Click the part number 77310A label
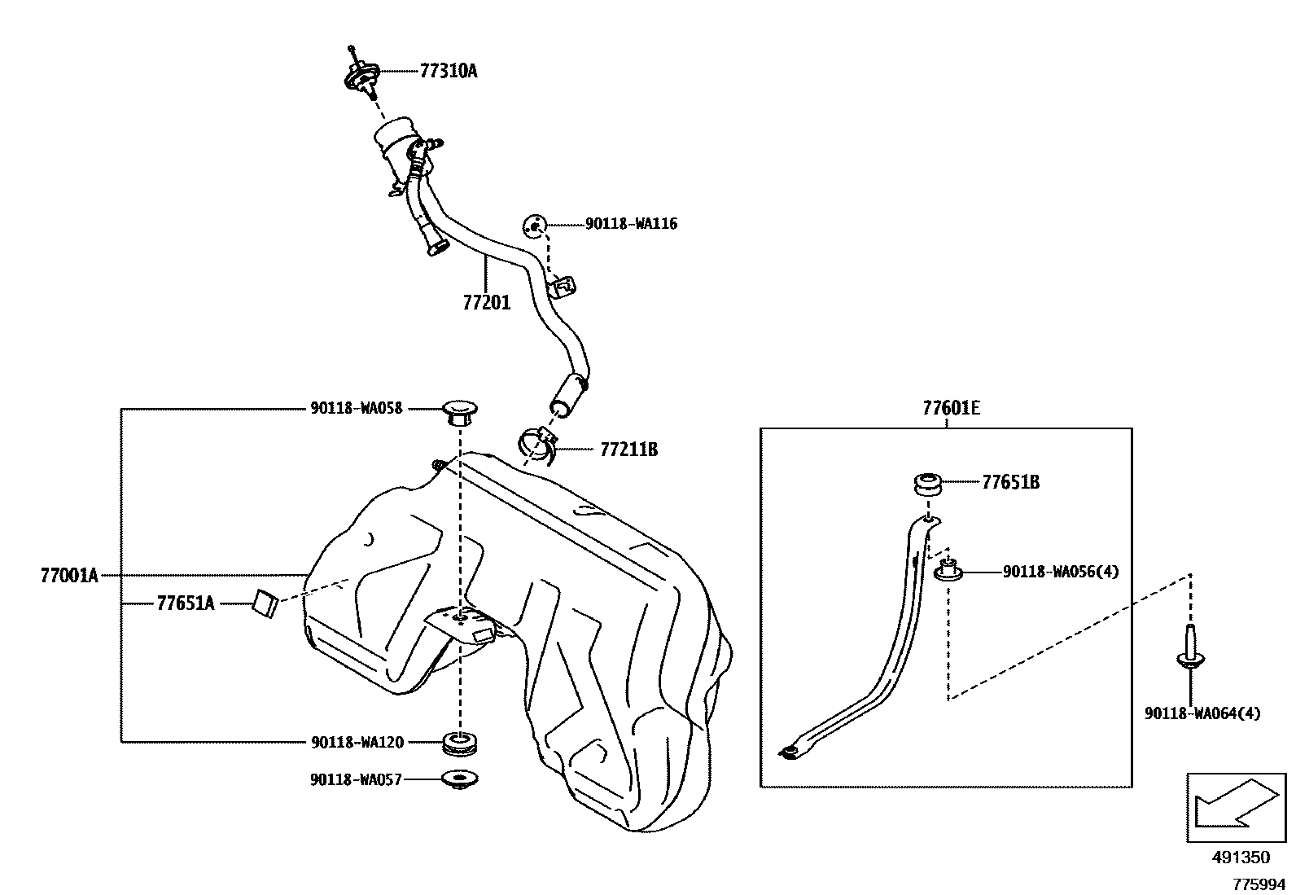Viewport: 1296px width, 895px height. coord(448,71)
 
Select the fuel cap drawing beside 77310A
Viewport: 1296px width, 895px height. coord(360,76)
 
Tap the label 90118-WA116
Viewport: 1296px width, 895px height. coord(631,223)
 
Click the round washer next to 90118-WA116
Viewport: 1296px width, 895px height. coord(534,224)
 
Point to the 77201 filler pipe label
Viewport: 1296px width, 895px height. coord(486,303)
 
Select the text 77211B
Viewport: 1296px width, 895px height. coord(628,449)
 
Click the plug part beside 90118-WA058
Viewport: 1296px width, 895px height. coord(459,412)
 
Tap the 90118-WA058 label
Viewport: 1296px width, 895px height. coord(356,409)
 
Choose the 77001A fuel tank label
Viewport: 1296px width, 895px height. coord(69,576)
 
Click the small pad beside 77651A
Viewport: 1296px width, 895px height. coord(265,602)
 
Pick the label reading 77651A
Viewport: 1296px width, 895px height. coord(186,603)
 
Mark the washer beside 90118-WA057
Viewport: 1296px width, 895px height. coord(460,779)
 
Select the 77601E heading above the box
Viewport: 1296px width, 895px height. coord(951,408)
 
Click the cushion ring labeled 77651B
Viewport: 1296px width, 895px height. coord(927,483)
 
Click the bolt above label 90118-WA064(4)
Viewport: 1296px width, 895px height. coord(1189,648)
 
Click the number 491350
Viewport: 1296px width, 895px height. coord(1240,858)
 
